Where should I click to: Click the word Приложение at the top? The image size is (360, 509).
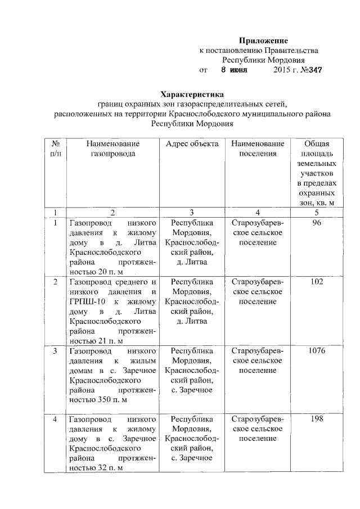[263, 40]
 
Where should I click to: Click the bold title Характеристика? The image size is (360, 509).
[192, 94]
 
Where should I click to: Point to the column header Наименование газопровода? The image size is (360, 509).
[112, 149]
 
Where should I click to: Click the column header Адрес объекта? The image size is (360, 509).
[192, 144]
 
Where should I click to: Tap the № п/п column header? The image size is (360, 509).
[55, 149]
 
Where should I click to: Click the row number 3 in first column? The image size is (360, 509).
[55, 352]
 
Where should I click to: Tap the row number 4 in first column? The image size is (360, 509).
[55, 420]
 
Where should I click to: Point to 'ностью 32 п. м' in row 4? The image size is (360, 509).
[95, 468]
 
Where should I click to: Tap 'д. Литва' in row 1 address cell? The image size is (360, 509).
[192, 262]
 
